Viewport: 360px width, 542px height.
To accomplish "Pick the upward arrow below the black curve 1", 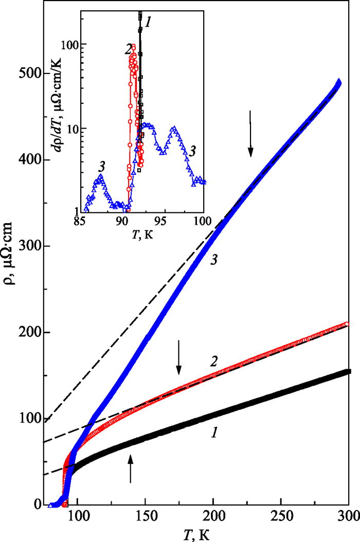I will (x=130, y=469).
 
